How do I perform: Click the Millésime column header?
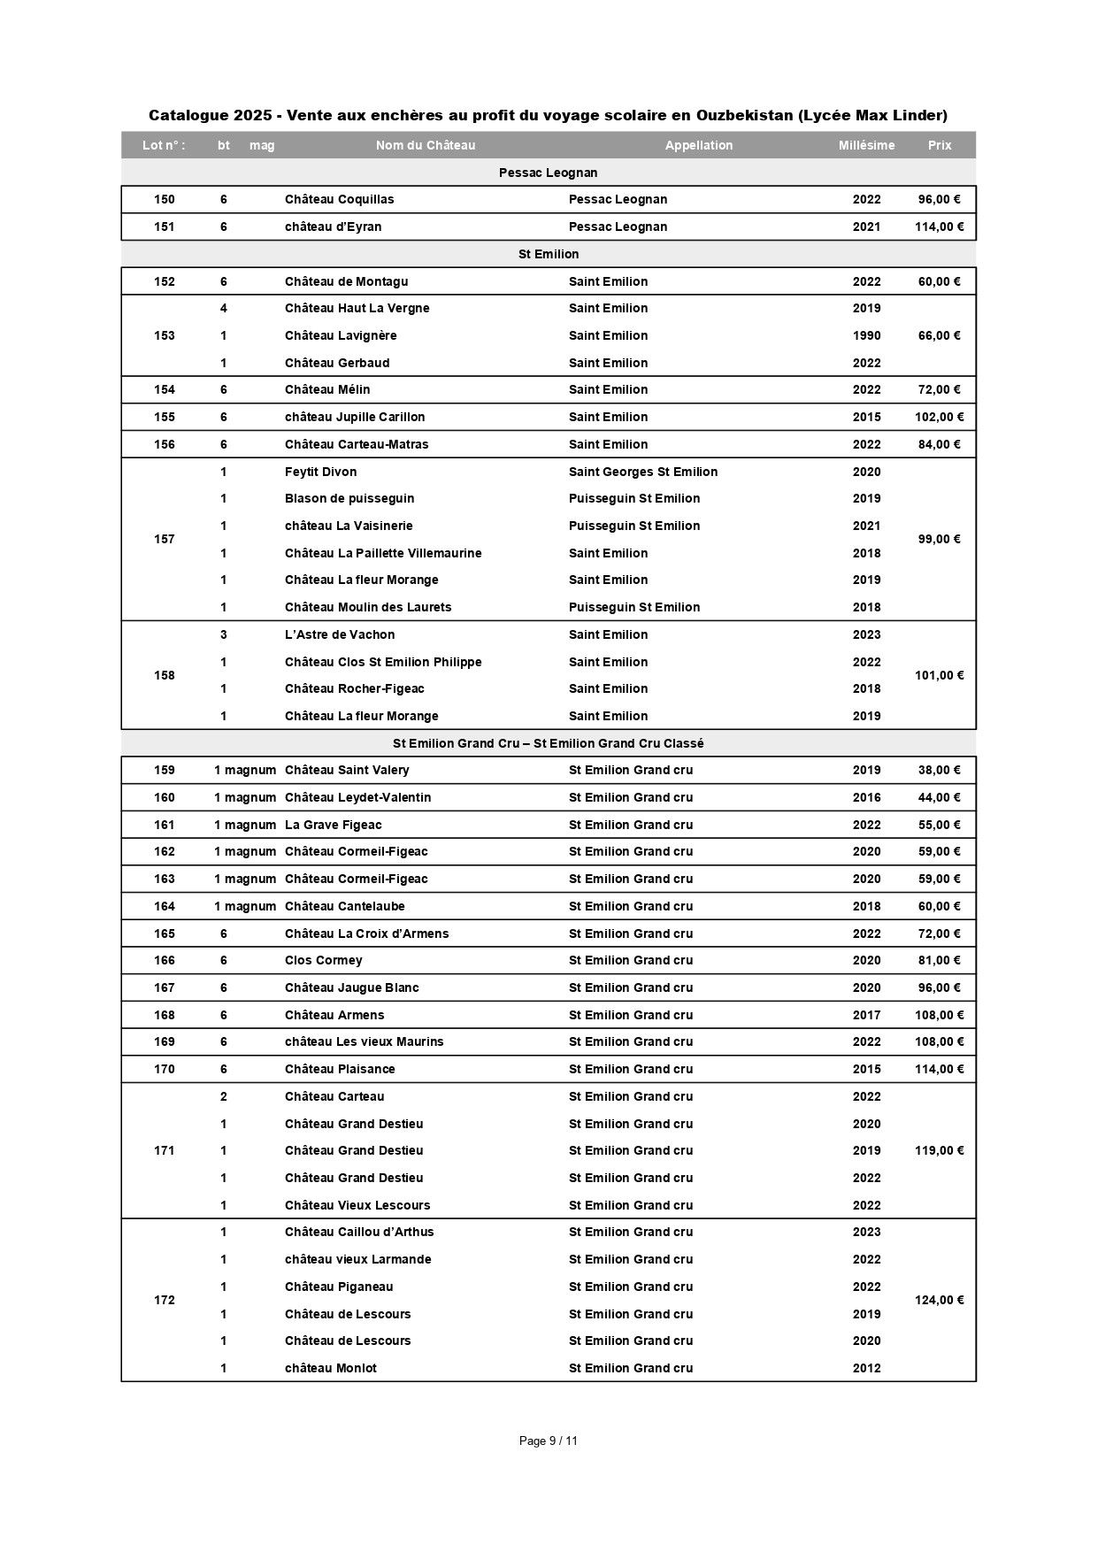866,145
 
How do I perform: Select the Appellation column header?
698,145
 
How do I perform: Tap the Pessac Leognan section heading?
548,173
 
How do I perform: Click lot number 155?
165,417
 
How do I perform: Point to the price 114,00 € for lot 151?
939,227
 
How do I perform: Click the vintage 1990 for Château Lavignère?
866,335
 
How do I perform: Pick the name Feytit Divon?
320,472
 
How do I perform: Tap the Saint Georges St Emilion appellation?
642,472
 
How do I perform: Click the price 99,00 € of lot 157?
939,539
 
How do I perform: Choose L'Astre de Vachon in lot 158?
340,634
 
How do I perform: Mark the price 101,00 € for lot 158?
939,675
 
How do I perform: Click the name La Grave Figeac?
333,825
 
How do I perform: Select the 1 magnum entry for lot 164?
244,906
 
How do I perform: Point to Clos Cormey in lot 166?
323,960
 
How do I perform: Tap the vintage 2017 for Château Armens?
866,1015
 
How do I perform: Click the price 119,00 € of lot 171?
939,1150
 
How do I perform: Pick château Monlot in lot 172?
330,1368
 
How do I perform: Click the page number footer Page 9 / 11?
548,1441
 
